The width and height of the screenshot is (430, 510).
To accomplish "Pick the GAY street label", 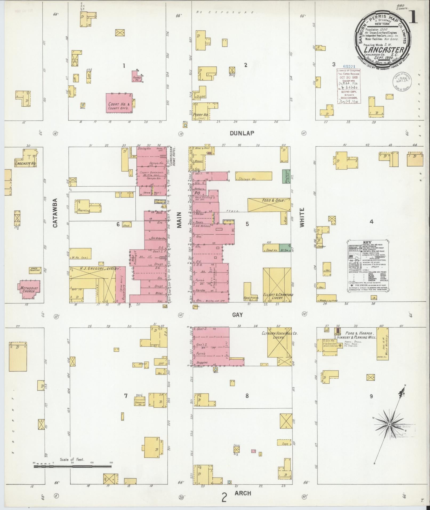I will [x=237, y=315].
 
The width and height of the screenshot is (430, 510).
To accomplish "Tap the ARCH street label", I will [x=243, y=493].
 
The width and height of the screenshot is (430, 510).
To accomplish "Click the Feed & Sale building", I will [x=268, y=205].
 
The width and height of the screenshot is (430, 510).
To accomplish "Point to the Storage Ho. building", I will [x=254, y=176].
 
